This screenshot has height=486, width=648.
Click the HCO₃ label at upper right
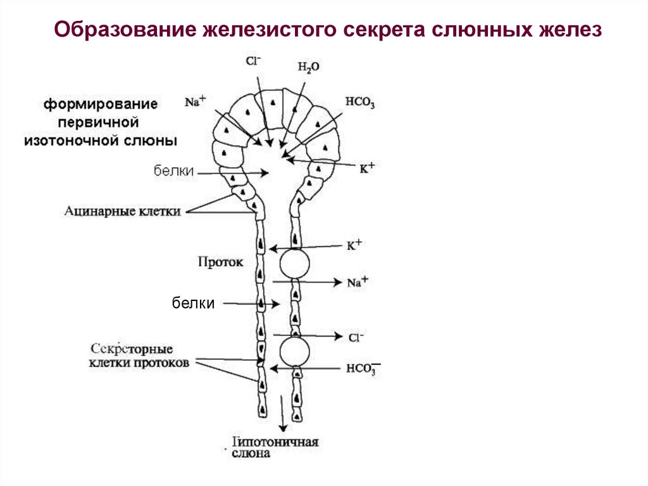click(360, 103)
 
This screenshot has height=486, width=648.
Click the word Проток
click(220, 261)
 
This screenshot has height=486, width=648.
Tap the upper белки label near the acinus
click(173, 171)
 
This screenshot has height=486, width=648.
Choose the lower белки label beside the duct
click(194, 304)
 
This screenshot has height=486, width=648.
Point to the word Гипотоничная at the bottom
click(275, 442)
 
